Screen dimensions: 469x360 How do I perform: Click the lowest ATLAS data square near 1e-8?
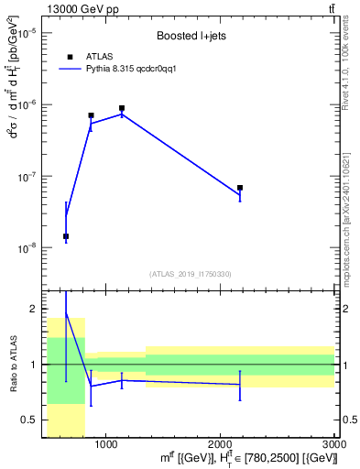[66, 236]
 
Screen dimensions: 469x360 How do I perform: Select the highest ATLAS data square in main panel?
[122, 108]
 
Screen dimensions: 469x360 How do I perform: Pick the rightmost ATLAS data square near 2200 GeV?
[240, 188]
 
